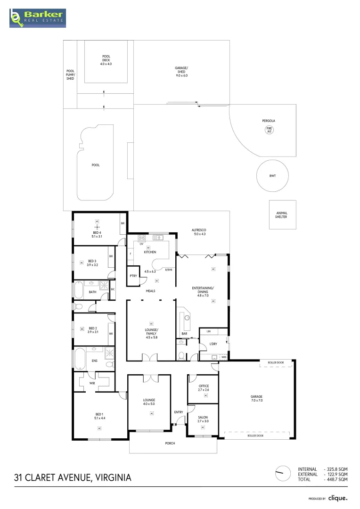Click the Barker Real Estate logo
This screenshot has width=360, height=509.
pos(38,17)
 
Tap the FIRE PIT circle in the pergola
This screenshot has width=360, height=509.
pos(270,130)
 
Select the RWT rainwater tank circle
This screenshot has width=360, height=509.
pos(272,176)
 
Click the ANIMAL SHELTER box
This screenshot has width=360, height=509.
pos(281,215)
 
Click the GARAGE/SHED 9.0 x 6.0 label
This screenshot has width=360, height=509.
pos(181,72)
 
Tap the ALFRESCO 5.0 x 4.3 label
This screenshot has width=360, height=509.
pos(200,232)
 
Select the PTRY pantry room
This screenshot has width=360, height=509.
pos(133,277)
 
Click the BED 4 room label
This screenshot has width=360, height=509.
pos(97,234)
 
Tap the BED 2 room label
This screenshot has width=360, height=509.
pos(92,330)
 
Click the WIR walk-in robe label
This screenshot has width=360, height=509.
pos(92,384)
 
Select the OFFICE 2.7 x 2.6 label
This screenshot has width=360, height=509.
pos(204,388)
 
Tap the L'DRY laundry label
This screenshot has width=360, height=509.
pos(213,344)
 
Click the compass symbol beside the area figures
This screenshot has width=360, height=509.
pos(283,474)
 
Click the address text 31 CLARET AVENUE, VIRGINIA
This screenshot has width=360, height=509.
pos(73,477)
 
